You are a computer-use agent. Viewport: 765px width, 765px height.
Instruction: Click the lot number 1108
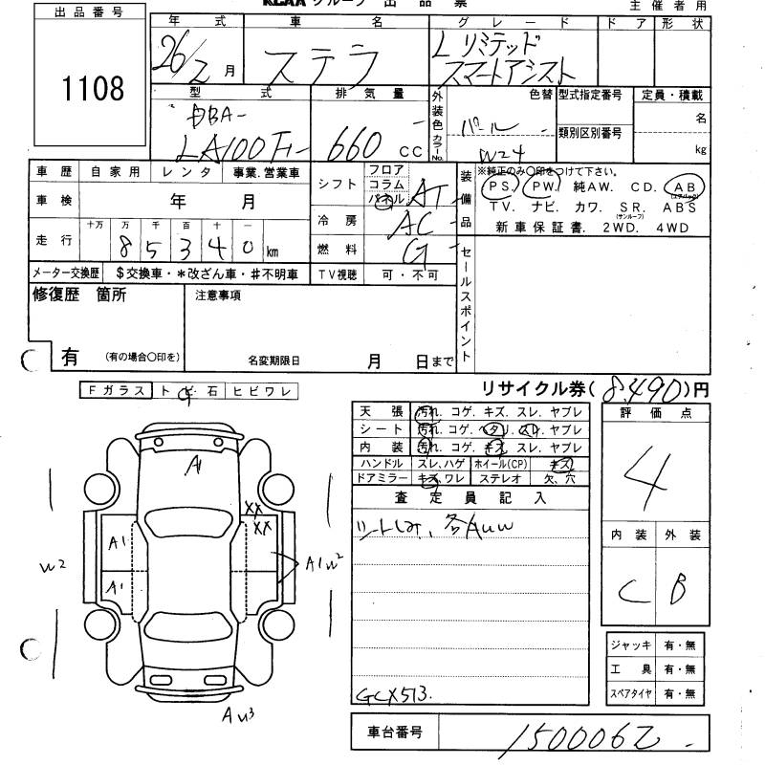[x=93, y=89]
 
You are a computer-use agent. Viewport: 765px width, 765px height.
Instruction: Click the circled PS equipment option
[x=499, y=186]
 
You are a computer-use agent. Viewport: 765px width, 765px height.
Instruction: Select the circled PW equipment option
[x=544, y=186]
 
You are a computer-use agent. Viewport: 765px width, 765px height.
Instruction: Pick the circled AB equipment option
[x=686, y=186]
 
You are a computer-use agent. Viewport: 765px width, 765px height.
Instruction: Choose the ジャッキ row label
[x=630, y=646]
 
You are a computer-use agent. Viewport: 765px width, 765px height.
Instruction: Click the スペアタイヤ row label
[x=630, y=693]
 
